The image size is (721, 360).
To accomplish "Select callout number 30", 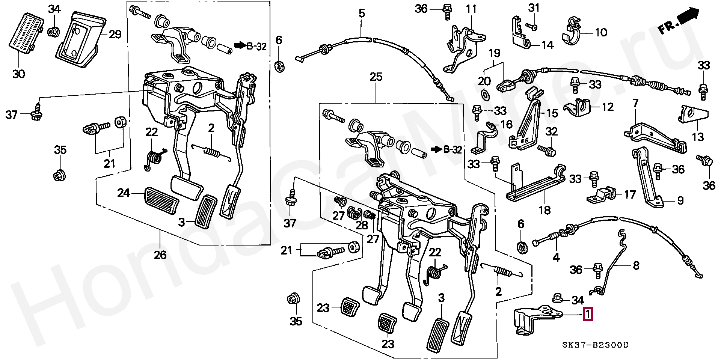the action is (x=18, y=74).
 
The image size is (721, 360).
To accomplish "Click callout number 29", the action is (x=115, y=35).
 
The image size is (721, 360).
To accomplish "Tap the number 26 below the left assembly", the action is (x=160, y=255).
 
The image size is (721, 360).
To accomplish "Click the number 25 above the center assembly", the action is (x=376, y=77).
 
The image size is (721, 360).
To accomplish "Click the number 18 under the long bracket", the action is (x=545, y=210).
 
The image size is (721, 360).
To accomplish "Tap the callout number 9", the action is (x=680, y=201).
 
